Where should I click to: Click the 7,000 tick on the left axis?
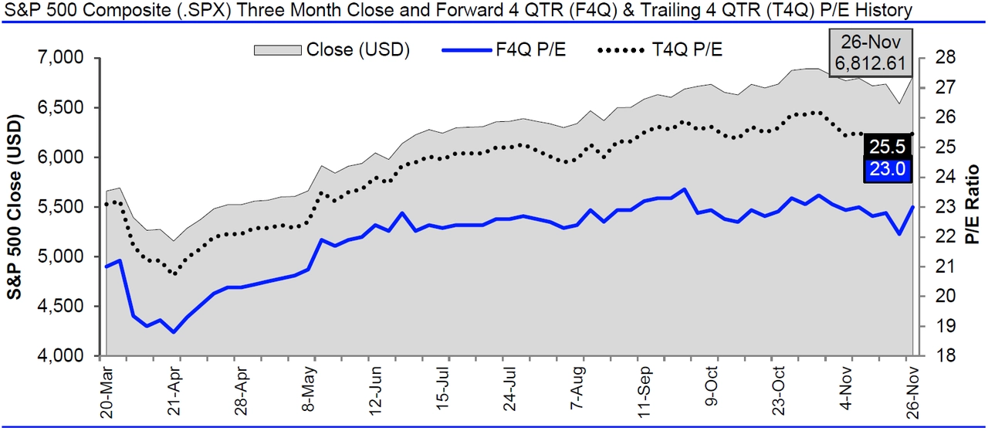point(62,58)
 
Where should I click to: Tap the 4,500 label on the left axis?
point(62,307)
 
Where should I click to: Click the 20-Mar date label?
point(108,393)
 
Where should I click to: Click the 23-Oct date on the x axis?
point(780,393)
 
